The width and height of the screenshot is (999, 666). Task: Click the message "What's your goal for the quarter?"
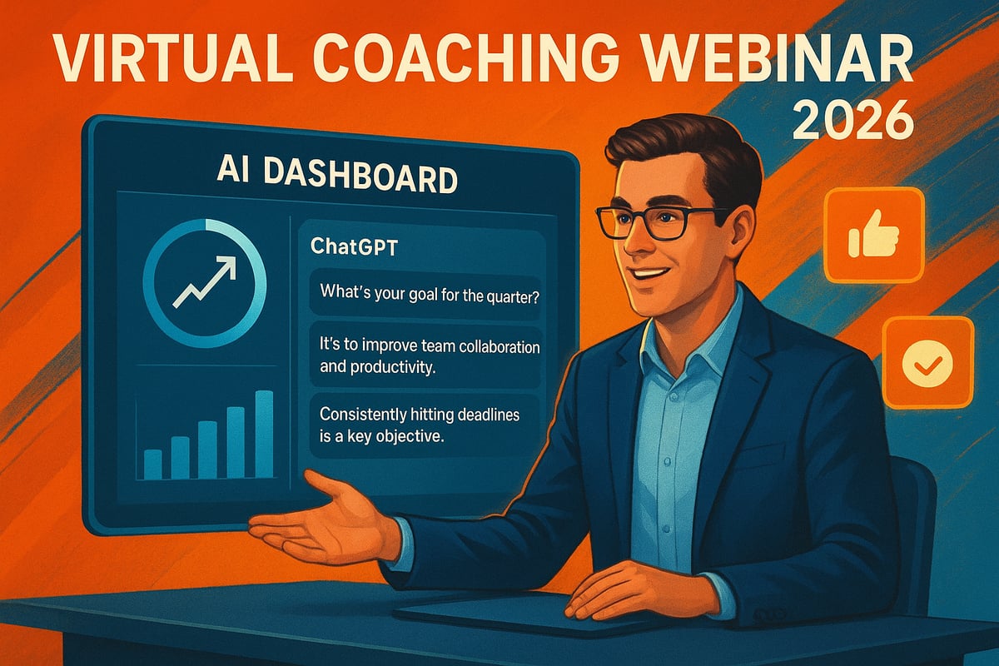(429, 294)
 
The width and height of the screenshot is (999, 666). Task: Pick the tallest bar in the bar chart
(264, 434)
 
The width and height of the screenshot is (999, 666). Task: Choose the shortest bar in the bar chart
(152, 464)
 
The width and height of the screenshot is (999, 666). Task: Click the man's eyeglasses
(658, 221)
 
